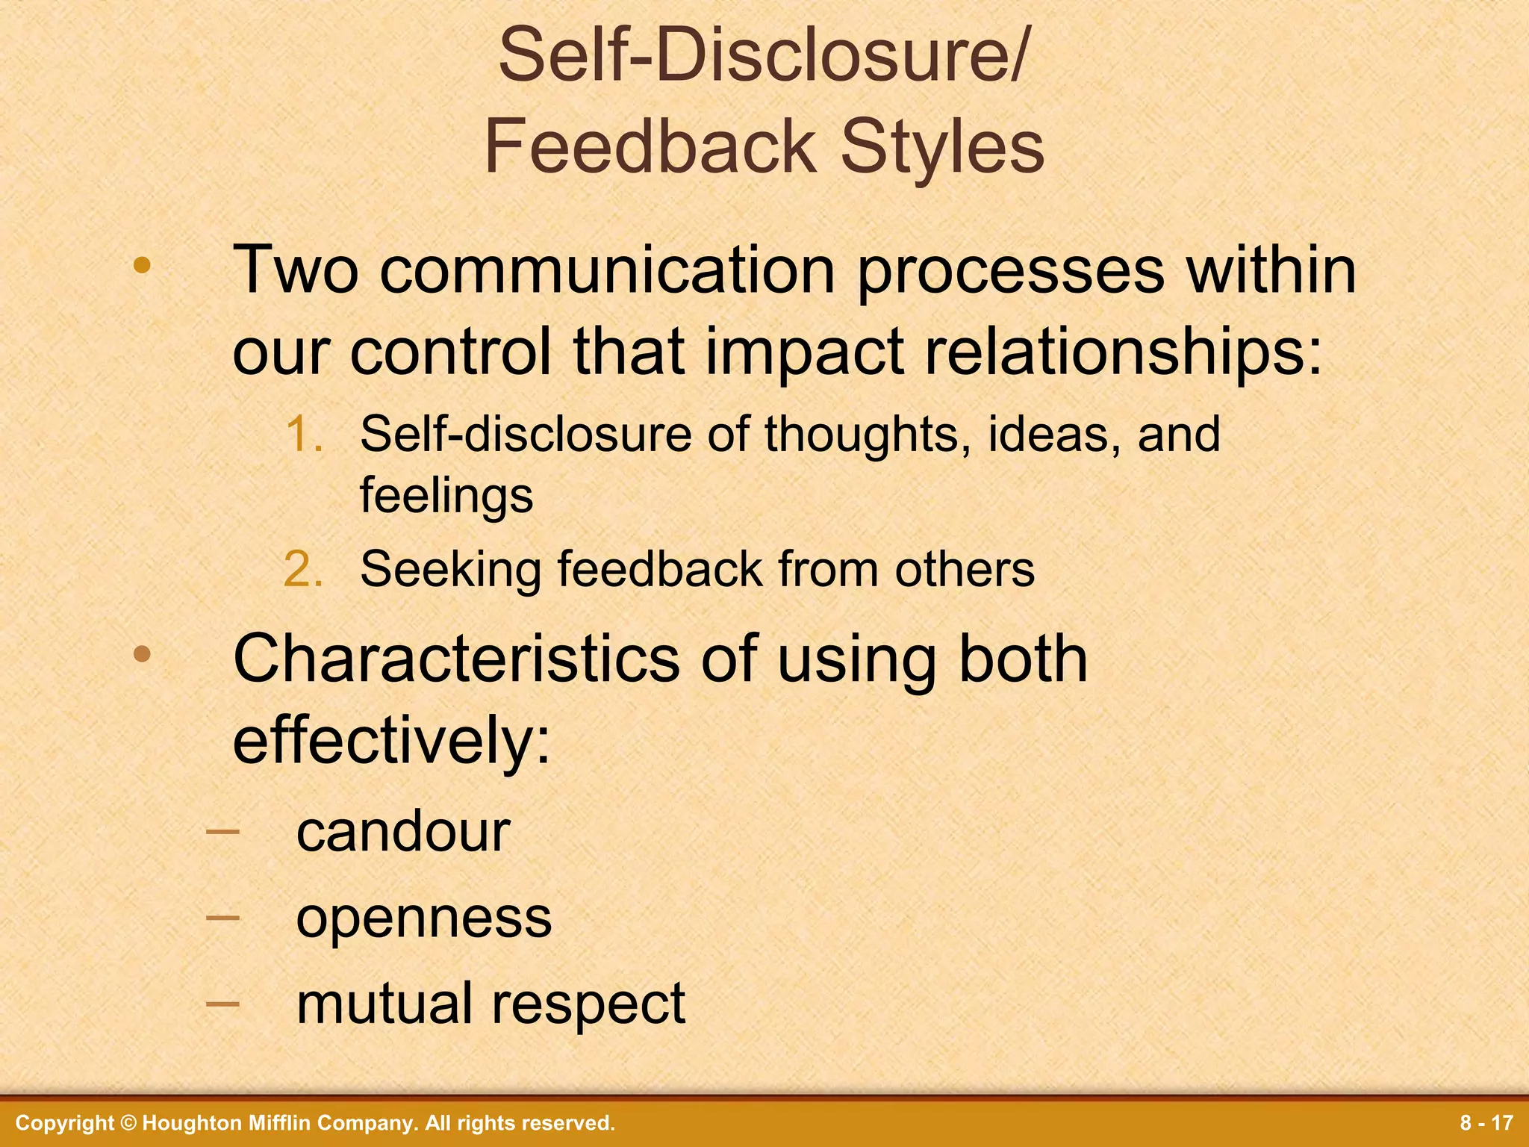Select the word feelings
coord(446,495)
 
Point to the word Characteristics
coord(456,659)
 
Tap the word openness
coord(423,918)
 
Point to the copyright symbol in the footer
coord(128,1123)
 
